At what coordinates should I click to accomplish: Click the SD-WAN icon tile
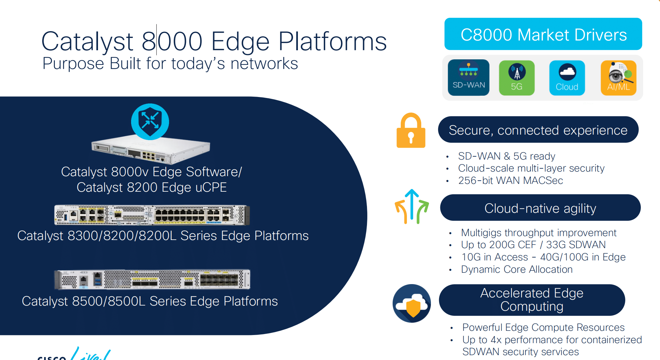[468, 78]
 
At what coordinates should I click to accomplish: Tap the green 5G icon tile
[517, 78]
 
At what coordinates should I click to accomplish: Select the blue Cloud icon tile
[567, 78]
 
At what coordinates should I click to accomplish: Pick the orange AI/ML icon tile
[618, 78]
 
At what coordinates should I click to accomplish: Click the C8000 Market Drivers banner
[543, 34]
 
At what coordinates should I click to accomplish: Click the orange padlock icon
[411, 131]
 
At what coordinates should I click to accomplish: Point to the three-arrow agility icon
[411, 207]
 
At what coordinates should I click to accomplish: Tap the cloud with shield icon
[411, 303]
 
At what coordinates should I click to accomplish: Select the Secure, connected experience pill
[538, 130]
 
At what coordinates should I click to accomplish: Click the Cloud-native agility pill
[540, 208]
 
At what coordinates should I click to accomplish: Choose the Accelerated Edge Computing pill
[532, 300]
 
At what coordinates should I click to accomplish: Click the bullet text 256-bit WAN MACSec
[510, 180]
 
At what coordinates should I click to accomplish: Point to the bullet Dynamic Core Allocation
[517, 269]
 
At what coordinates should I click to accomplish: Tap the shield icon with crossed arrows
[150, 122]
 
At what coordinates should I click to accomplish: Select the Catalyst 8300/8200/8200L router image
[152, 215]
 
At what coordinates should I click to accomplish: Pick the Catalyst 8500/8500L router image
[152, 279]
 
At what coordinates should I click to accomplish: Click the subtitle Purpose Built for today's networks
[170, 63]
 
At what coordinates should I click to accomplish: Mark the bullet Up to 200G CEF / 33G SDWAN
[533, 245]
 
